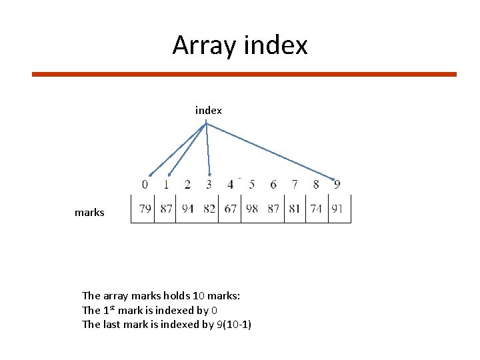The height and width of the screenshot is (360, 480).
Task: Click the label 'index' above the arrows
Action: [209, 110]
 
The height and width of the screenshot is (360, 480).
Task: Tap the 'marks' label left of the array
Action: [89, 213]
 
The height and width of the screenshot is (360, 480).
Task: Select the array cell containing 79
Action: [145, 209]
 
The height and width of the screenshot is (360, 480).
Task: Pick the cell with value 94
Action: [187, 209]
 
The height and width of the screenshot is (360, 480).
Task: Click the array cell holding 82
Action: [209, 209]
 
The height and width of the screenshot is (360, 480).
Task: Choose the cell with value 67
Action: [230, 209]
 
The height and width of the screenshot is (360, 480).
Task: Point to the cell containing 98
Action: [251, 209]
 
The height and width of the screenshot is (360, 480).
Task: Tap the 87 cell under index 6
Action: [273, 209]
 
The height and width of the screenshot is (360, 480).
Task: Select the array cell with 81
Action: [295, 209]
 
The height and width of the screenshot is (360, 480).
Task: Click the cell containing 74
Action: [316, 209]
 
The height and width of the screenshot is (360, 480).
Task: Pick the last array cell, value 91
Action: [337, 209]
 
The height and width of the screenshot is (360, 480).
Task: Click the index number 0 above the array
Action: [145, 184]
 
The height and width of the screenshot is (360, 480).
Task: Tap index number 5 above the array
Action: [251, 184]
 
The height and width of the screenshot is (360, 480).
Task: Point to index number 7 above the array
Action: [295, 184]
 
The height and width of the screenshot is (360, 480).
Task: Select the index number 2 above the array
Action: [187, 184]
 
